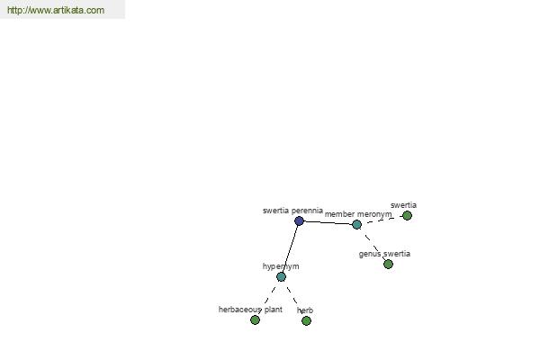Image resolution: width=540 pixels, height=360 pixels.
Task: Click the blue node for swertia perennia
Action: [299, 220]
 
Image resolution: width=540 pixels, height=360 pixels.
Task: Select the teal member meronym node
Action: [356, 225]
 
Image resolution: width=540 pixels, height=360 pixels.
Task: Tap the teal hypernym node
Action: [281, 276]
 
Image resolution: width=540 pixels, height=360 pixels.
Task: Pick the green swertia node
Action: [407, 216]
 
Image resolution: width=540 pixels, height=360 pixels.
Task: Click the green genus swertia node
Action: [388, 265]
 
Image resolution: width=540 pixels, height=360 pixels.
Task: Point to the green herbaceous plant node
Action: [255, 320]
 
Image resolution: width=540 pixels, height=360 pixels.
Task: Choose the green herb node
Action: [306, 320]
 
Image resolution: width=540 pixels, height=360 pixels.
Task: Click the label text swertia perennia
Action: [292, 211]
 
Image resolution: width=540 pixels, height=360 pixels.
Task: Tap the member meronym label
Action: [358, 214]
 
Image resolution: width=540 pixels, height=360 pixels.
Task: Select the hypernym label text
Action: [281, 266]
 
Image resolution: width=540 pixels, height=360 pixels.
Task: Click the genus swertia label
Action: [384, 254]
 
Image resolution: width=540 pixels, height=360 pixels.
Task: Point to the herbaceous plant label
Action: [250, 310]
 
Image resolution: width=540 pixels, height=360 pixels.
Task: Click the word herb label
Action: [305, 310]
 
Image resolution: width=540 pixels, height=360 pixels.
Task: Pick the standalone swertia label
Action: [403, 205]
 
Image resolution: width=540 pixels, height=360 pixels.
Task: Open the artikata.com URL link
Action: [56, 10]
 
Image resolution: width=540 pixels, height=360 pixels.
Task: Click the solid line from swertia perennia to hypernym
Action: [290, 248]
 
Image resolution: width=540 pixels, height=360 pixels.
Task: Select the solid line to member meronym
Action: [328, 223]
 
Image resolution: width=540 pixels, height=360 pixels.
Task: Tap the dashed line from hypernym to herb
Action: [293, 298]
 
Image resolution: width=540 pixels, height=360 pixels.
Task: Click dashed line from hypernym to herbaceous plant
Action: [268, 298]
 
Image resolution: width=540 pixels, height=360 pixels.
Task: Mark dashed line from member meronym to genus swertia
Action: [372, 244]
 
